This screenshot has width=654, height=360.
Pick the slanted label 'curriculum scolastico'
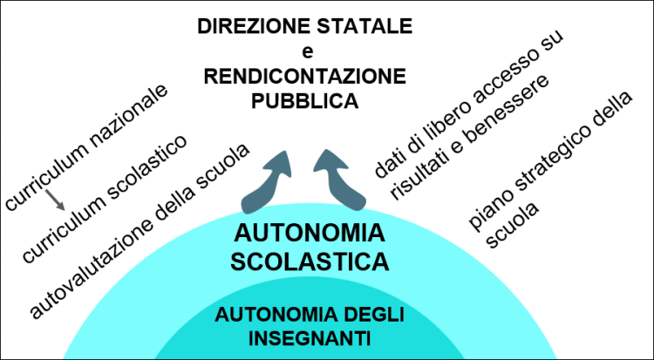tap(105, 200)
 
